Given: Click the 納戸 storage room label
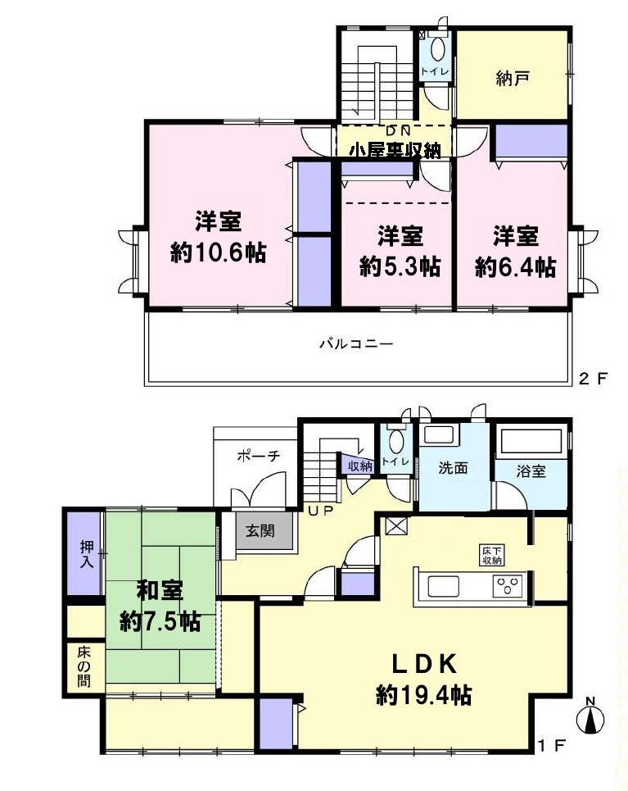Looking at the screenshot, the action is coord(513,79).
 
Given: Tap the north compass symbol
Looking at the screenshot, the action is coord(591,716).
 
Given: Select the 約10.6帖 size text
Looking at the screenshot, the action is coord(219,252).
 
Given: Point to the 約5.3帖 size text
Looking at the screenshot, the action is coord(400,266).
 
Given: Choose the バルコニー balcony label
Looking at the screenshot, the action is coord(356,344).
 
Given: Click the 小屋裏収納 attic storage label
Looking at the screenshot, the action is coord(395,150).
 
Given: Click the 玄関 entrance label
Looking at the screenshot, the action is coord(260,530).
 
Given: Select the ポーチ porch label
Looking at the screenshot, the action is coord(259,456).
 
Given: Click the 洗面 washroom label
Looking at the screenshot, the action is coord(453,468).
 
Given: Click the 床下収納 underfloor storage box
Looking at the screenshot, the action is coord(490,556).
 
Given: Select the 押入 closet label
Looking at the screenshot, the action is coord(87,554).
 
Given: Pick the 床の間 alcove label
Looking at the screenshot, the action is coord(84,666).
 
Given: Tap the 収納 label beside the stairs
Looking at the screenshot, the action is coord(360,466).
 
